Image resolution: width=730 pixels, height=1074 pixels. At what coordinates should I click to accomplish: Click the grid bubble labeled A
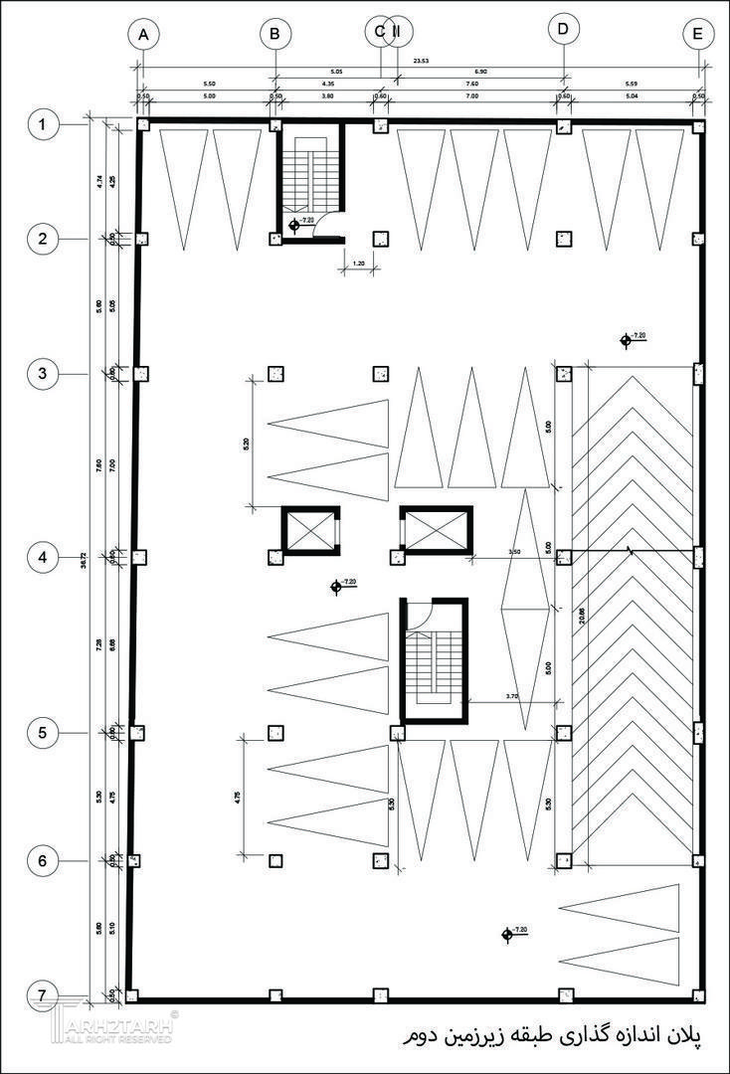[x=144, y=35]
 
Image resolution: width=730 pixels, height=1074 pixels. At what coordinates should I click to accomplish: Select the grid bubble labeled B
[x=275, y=35]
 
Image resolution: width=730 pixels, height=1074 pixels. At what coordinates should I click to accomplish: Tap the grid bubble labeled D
[x=563, y=30]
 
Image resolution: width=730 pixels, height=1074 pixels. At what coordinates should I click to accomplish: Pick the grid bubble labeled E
[x=698, y=35]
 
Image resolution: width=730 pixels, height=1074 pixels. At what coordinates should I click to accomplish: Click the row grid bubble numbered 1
[x=42, y=125]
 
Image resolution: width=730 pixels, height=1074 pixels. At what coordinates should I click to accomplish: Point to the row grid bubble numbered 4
[x=42, y=557]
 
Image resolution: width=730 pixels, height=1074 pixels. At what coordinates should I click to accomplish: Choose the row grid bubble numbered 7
[x=42, y=994]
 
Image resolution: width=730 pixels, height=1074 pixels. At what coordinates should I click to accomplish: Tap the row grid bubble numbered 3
[x=42, y=374]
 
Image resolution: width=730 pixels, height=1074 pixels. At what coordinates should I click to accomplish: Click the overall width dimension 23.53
[x=421, y=62]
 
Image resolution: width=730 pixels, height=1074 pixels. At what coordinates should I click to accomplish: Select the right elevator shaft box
[x=434, y=529]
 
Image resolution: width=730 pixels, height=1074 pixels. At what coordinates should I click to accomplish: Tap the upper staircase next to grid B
[x=309, y=179]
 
